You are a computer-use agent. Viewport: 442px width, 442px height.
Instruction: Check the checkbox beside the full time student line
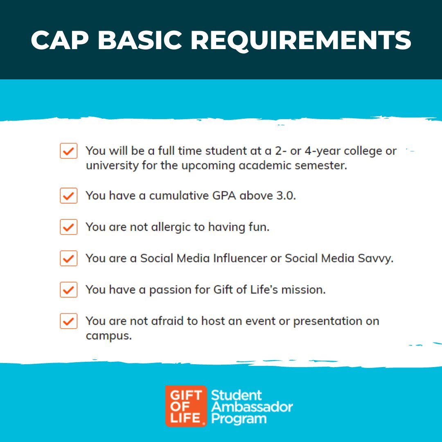(68, 151)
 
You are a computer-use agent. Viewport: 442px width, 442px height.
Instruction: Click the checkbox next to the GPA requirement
(68, 196)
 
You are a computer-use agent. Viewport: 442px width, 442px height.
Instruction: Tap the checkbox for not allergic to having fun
(68, 227)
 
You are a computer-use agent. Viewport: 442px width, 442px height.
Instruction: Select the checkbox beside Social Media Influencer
(68, 259)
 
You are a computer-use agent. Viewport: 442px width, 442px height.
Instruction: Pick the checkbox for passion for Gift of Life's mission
(68, 290)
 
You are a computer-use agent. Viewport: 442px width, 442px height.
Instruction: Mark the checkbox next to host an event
(68, 321)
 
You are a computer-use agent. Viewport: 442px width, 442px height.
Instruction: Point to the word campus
(108, 336)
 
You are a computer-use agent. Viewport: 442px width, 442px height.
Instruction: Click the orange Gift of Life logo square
(186, 406)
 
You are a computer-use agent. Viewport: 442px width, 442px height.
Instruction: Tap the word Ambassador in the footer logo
(252, 407)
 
